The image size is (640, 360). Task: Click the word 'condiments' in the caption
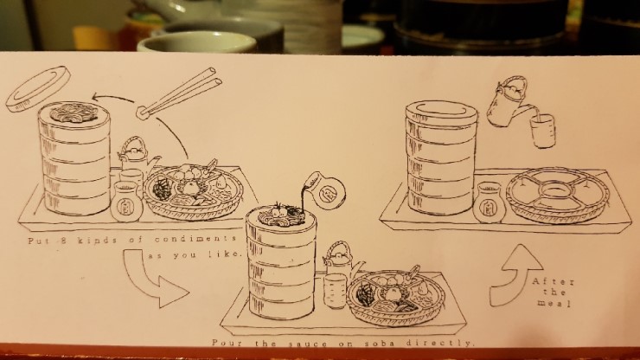tap(195, 239)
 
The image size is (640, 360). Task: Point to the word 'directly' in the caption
tap(441, 344)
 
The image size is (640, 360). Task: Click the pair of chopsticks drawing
tap(180, 93)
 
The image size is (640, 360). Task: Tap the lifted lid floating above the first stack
tap(38, 89)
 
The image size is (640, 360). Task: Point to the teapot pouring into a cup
tap(508, 102)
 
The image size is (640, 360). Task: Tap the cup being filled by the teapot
tap(543, 131)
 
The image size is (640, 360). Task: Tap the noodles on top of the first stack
tap(74, 111)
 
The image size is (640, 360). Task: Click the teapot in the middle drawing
tap(342, 260)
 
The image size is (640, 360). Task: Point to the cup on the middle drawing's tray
tap(335, 291)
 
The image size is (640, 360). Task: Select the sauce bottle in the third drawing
tap(491, 203)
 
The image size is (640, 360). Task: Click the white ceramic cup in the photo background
tap(197, 42)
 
